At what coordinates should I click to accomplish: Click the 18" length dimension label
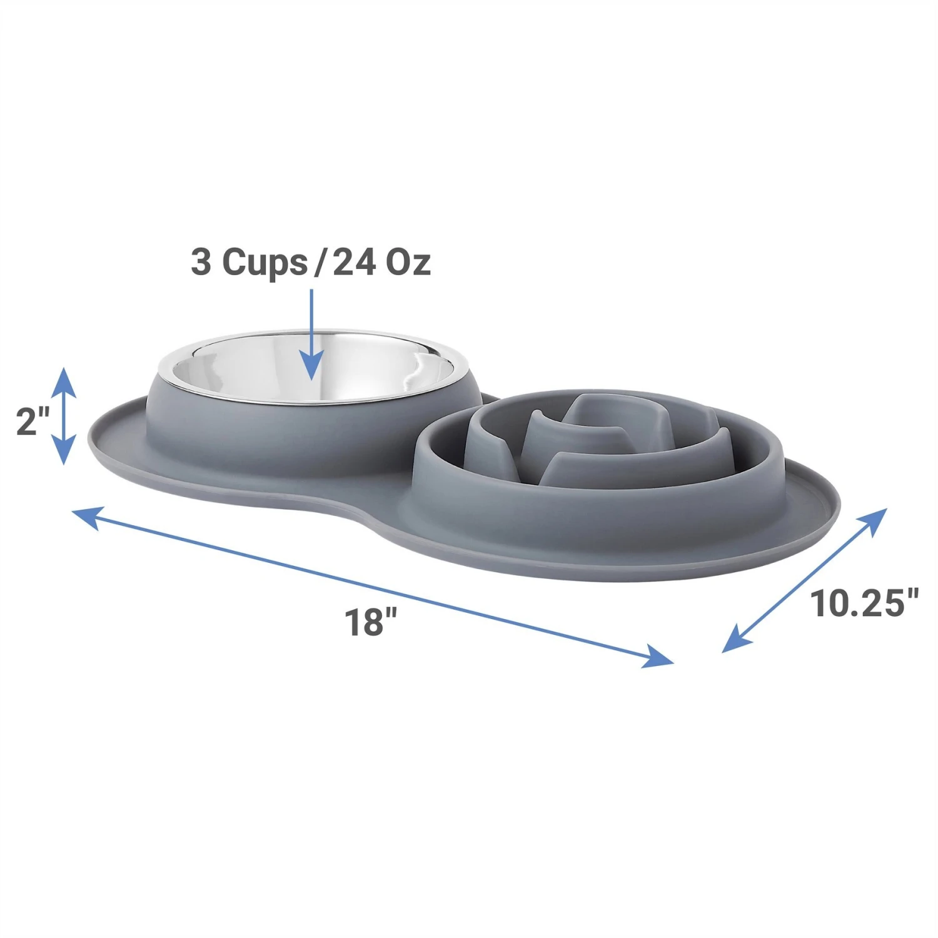pyautogui.click(x=371, y=622)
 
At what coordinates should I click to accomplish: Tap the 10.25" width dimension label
pyautogui.click(x=865, y=603)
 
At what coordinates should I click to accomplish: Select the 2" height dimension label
pyautogui.click(x=33, y=421)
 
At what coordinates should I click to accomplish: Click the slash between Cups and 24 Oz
pyautogui.click(x=320, y=262)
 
